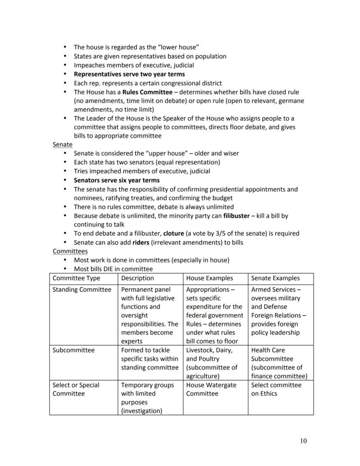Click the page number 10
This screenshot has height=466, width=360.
pos(303,441)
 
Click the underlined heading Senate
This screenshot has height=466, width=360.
pos(63,144)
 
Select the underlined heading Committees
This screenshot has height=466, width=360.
pos(70,251)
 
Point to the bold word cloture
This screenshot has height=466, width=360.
pos(173,233)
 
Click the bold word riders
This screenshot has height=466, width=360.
pos(140,242)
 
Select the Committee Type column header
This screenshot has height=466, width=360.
pos(76,278)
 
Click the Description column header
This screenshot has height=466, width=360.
pos(137,278)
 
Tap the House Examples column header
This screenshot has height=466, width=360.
pos(210,278)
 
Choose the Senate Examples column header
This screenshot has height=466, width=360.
pos(275,278)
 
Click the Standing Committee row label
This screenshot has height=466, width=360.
pos(82,289)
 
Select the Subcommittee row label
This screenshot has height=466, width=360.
pos(73,350)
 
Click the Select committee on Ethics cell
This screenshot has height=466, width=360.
pos(276,389)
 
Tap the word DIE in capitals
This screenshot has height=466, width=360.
pos(113,269)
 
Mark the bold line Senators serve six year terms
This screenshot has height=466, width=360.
pos(117,180)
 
